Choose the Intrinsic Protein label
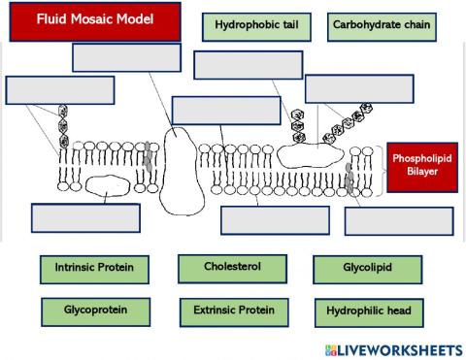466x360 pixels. pyautogui.click(x=94, y=268)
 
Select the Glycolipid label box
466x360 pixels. pyautogui.click(x=367, y=269)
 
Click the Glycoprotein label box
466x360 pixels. pyautogui.click(x=94, y=311)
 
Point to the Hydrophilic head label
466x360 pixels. pyautogui.click(x=368, y=311)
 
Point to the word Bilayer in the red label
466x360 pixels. pyautogui.click(x=422, y=173)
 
